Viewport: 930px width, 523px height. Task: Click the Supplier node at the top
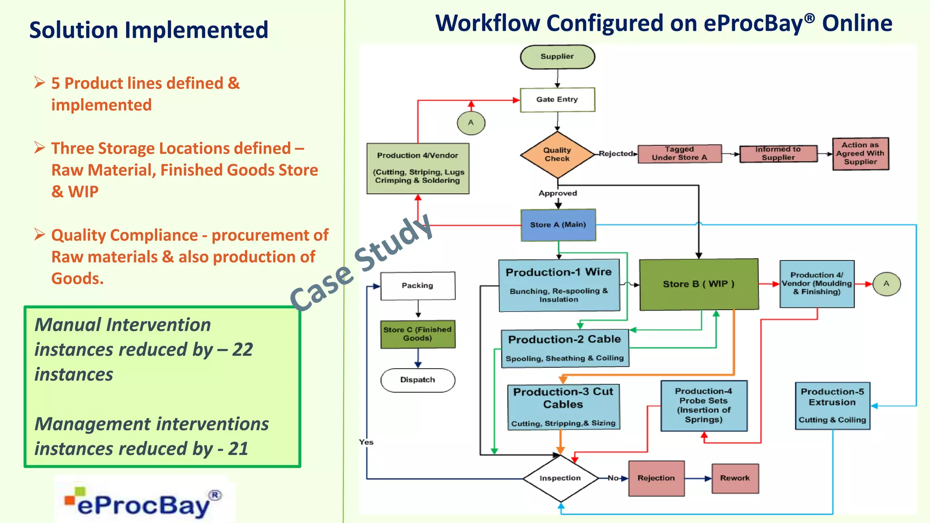coord(557,57)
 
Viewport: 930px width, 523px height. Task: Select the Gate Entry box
coord(557,99)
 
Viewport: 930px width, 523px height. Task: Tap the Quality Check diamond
coord(557,154)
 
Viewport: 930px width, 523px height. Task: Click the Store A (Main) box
coord(558,225)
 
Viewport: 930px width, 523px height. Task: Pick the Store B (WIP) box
coord(698,284)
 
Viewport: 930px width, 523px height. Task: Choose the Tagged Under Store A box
coord(679,153)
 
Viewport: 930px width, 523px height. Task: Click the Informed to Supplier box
coord(778,153)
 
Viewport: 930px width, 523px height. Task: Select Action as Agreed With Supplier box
coord(860,153)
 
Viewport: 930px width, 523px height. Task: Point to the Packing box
coord(417,286)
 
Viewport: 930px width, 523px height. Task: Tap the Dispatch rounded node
coord(417,380)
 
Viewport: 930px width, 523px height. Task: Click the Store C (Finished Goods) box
coord(417,334)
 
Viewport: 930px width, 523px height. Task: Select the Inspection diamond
coord(560,478)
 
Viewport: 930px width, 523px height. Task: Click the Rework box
coord(735,478)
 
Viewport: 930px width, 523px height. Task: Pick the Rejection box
coord(656,478)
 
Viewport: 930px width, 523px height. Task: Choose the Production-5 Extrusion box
coord(832,405)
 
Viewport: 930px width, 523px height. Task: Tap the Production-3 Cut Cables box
coord(563,406)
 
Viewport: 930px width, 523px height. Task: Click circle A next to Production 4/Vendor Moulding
coord(886,284)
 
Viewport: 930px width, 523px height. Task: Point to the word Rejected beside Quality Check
coord(615,153)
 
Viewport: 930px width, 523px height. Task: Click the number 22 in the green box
coord(242,350)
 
